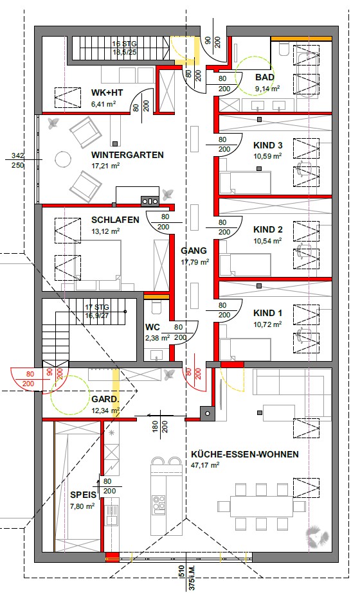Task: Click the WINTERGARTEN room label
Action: click(x=127, y=155)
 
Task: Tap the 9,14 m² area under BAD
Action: click(x=267, y=89)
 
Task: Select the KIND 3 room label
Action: click(x=268, y=145)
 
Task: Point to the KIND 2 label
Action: click(x=268, y=229)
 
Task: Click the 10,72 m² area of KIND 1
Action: click(x=267, y=324)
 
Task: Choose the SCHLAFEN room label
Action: click(x=115, y=220)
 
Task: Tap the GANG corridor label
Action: click(x=194, y=251)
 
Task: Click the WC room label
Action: click(x=152, y=328)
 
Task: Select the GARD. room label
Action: click(x=105, y=400)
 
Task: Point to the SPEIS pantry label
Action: click(x=83, y=495)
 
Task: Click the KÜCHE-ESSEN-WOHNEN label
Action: click(x=244, y=454)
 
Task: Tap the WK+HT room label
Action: click(x=107, y=93)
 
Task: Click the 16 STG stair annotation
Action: click(x=123, y=44)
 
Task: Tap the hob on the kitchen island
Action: click(x=159, y=505)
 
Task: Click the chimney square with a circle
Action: click(x=207, y=413)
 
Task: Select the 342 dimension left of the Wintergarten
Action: click(x=17, y=155)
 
